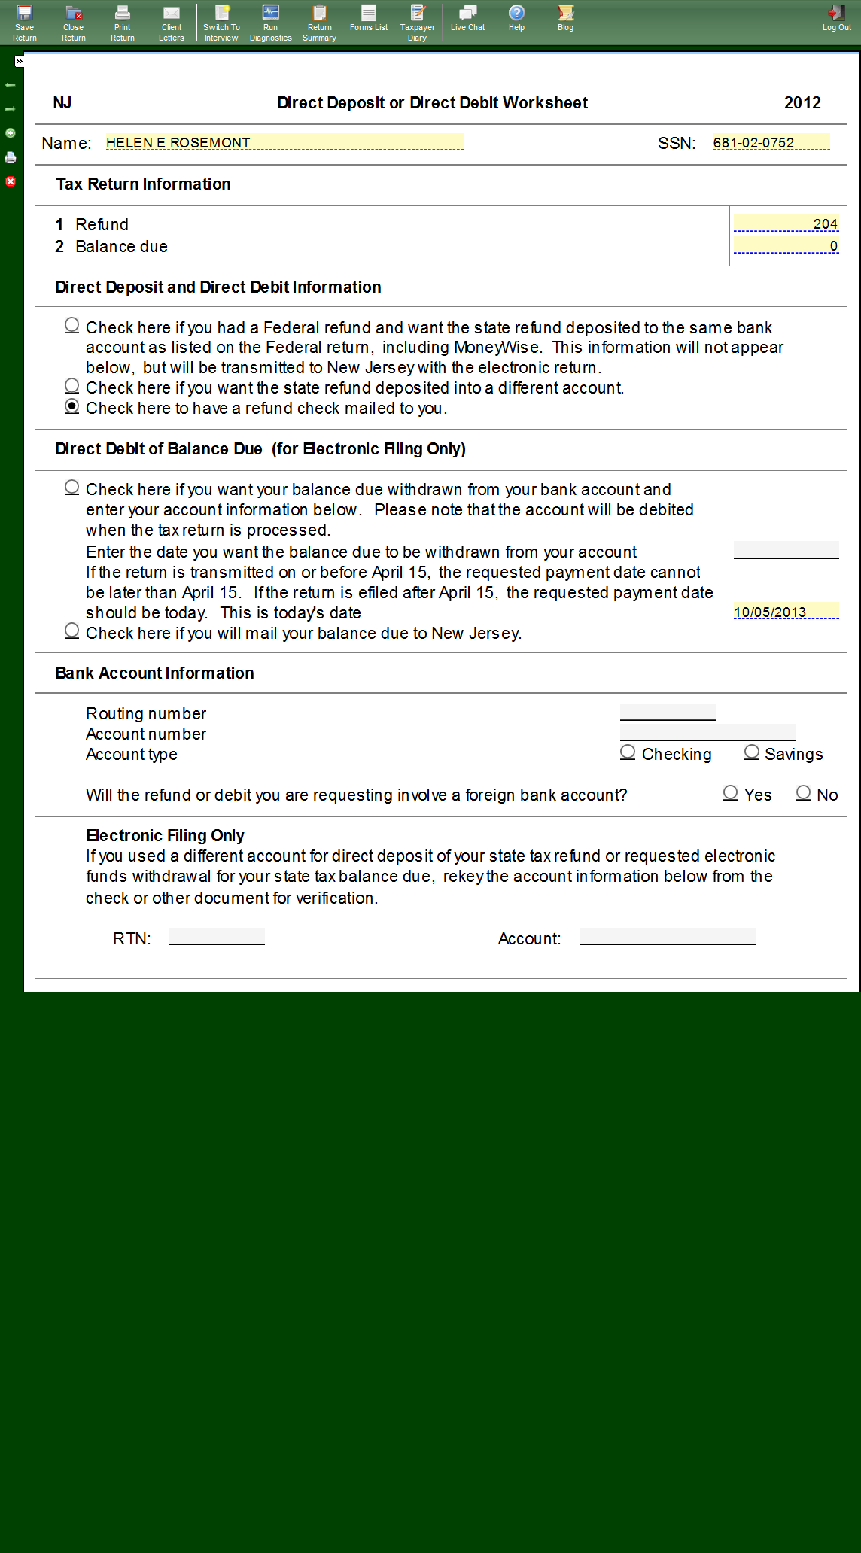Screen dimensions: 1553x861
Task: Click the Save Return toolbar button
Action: (x=24, y=23)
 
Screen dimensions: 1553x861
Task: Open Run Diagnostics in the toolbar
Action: (x=270, y=23)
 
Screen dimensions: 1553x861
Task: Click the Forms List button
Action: (x=369, y=19)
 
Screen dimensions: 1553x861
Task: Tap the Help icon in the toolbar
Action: (x=516, y=19)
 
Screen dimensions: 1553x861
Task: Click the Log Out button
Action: (x=836, y=19)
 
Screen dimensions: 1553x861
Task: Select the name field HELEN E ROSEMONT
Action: (x=284, y=142)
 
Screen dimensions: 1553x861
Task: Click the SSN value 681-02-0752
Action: (x=771, y=142)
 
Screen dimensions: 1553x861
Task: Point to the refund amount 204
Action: (x=786, y=223)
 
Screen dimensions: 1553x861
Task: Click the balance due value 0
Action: (x=786, y=245)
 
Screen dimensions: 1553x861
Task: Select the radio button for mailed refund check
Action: (x=72, y=406)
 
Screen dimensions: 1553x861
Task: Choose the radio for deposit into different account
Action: (x=72, y=386)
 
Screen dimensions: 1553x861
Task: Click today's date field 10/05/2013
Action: (x=786, y=611)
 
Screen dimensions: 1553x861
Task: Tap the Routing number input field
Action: (x=668, y=712)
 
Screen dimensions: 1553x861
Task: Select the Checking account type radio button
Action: (x=628, y=752)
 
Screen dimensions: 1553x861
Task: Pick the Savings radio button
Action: (x=751, y=752)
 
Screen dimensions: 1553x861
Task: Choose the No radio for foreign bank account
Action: (x=804, y=793)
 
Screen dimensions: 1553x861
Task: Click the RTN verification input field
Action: (x=217, y=937)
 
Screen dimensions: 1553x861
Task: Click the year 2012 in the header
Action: (x=802, y=103)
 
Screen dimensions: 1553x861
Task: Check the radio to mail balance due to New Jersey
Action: (x=72, y=631)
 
